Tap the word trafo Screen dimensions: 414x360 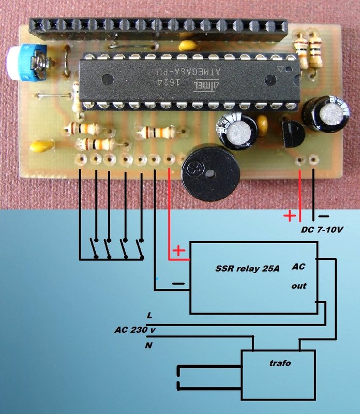click(x=280, y=363)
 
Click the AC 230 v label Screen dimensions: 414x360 click(x=136, y=330)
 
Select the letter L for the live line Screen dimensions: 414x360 click(x=149, y=316)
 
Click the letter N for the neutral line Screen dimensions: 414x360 click(x=149, y=345)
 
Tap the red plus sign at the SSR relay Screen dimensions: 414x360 click(x=178, y=252)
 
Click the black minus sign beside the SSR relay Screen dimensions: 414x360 click(x=178, y=284)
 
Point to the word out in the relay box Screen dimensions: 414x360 click(x=298, y=286)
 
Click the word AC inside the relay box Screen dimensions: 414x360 click(x=298, y=267)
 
